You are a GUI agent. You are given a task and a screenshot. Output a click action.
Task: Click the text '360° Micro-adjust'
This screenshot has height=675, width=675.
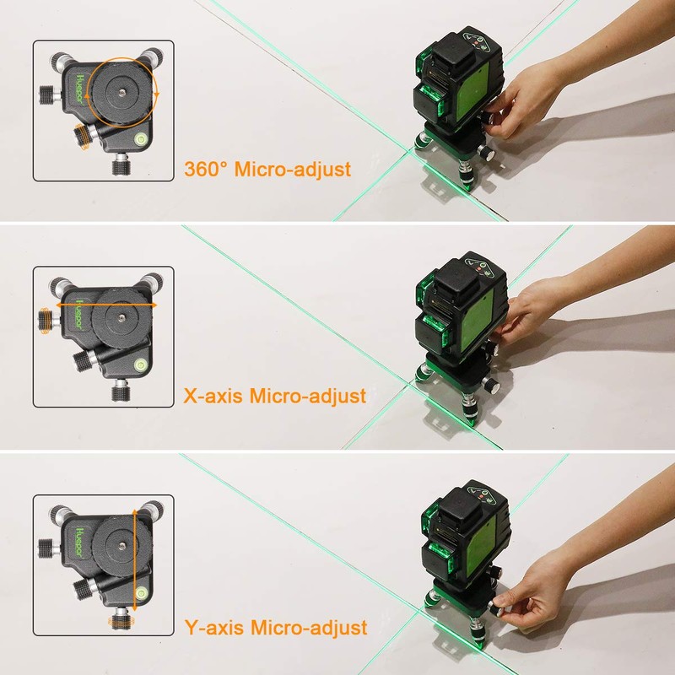pyautogui.click(x=267, y=170)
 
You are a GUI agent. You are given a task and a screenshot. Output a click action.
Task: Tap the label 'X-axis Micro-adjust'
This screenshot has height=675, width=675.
pyautogui.click(x=274, y=396)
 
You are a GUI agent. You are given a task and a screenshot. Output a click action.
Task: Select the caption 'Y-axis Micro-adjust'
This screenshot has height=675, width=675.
pyautogui.click(x=275, y=628)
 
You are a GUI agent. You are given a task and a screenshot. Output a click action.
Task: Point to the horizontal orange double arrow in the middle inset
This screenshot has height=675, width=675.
pyautogui.click(x=106, y=304)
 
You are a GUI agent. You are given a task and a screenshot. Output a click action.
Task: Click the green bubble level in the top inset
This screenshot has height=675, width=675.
pyautogui.click(x=139, y=135)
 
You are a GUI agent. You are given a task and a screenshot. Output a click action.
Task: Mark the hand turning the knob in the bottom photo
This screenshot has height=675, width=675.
pyautogui.click(x=540, y=591)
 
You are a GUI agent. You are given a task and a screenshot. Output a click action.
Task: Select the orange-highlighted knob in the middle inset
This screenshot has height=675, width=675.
pyautogui.click(x=45, y=318)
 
